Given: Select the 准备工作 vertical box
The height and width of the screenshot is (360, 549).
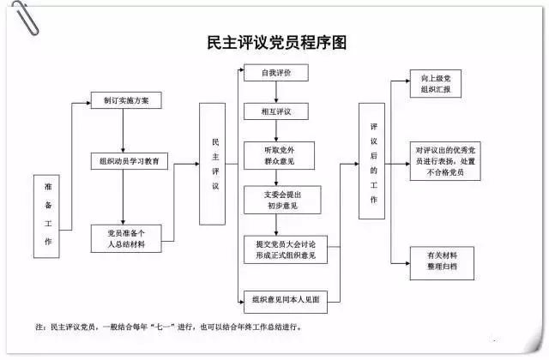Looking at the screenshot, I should [47, 215].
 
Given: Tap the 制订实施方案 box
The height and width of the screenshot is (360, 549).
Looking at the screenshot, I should [125, 100].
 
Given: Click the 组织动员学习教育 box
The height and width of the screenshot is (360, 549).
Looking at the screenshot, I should [130, 162].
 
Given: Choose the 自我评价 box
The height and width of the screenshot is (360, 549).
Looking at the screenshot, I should [275, 74].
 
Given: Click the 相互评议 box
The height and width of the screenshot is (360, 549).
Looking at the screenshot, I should [275, 111].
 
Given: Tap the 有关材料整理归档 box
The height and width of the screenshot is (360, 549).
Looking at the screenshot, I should [441, 261].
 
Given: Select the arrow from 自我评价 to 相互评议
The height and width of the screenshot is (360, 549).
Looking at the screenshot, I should [275, 93].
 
